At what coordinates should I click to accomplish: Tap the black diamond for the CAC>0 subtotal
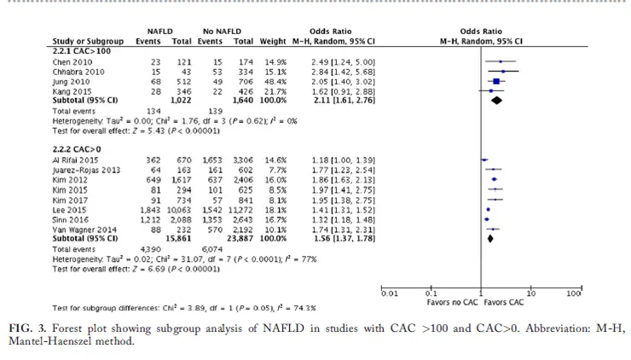click(x=489, y=239)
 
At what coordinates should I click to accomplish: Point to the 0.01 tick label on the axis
click(x=391, y=293)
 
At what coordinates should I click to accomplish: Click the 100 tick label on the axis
click(x=575, y=293)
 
